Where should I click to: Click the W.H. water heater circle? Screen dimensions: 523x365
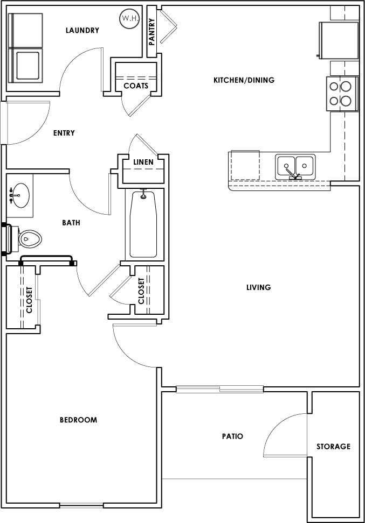pyautogui.click(x=129, y=19)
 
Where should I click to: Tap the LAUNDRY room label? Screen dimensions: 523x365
pyautogui.click(x=82, y=30)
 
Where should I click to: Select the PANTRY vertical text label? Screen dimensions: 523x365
pyautogui.click(x=152, y=32)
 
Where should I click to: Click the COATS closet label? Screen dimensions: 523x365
pyautogui.click(x=136, y=86)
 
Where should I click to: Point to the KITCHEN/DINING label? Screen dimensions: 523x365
pyautogui.click(x=244, y=80)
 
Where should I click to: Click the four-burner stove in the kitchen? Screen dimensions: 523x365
pyautogui.click(x=342, y=94)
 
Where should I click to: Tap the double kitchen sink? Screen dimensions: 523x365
pyautogui.click(x=295, y=167)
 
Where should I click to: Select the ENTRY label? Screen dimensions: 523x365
pyautogui.click(x=64, y=133)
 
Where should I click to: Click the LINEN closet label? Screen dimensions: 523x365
pyautogui.click(x=143, y=162)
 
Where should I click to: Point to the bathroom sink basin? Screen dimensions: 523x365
pyautogui.click(x=21, y=194)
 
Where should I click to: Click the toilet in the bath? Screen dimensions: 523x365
pyautogui.click(x=28, y=238)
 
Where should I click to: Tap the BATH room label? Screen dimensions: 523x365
pyautogui.click(x=71, y=222)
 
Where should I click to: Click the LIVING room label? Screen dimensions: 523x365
pyautogui.click(x=258, y=287)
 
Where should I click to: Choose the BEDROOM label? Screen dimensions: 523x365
pyautogui.click(x=78, y=420)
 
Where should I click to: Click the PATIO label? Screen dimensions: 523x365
pyautogui.click(x=232, y=436)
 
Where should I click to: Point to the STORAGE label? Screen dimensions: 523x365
pyautogui.click(x=333, y=446)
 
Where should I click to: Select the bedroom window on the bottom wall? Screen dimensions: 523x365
pyautogui.click(x=81, y=505)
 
